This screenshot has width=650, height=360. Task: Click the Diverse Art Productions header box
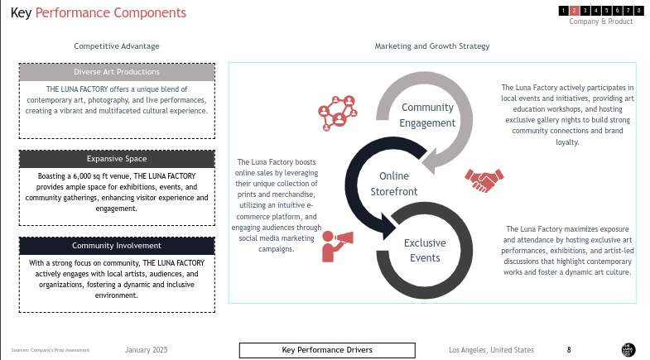[x=117, y=72]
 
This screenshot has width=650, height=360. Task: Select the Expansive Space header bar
[x=117, y=159]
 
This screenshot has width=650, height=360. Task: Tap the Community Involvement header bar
[x=117, y=246]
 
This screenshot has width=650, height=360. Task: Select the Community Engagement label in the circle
[x=427, y=115]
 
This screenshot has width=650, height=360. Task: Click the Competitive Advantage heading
[x=117, y=46]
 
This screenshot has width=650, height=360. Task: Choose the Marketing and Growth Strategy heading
[x=432, y=46]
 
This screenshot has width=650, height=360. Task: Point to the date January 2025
[x=147, y=350]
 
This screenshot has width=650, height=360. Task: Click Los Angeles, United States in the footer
[x=491, y=350]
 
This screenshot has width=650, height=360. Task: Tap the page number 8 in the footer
[x=569, y=350]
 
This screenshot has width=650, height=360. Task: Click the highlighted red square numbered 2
[x=574, y=11]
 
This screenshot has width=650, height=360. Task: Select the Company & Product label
[x=600, y=22]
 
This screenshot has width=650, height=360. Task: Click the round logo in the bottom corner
[x=628, y=349]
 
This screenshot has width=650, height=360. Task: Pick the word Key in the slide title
[x=21, y=13]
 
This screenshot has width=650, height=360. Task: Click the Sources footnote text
[x=51, y=351]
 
